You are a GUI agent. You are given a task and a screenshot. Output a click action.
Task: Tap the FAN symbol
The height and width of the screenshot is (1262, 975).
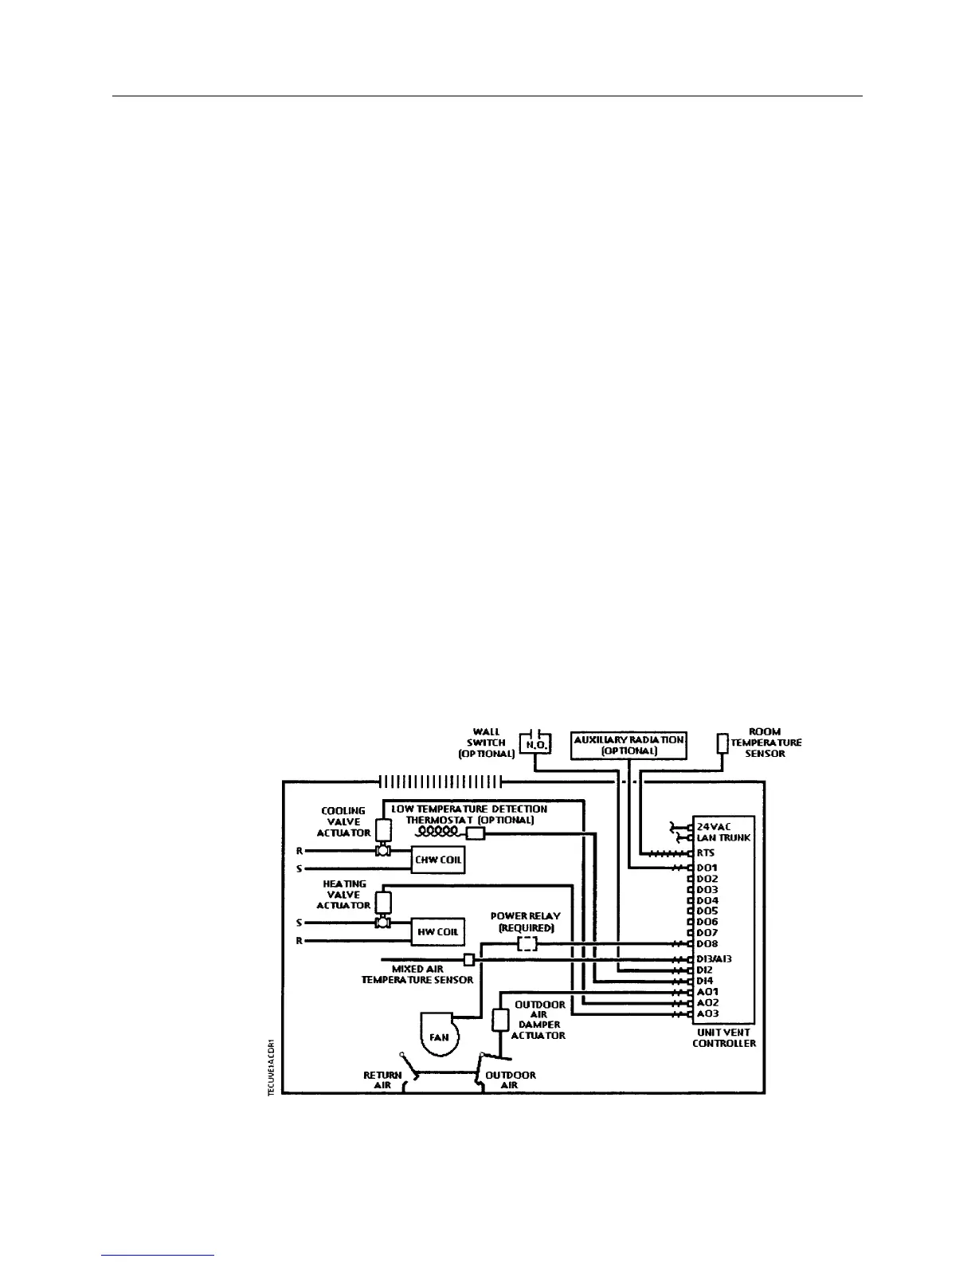click(438, 1037)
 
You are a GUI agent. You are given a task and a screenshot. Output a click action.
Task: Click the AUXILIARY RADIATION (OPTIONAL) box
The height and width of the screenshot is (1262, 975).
click(629, 745)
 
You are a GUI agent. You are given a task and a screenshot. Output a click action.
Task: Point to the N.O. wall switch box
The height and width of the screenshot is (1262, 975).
click(534, 744)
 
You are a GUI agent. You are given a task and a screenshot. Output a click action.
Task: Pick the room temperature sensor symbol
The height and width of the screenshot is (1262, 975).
click(722, 743)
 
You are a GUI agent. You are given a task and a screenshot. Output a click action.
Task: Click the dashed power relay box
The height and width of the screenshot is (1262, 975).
click(527, 944)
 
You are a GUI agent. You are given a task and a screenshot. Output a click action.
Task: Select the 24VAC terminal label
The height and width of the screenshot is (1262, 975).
click(714, 827)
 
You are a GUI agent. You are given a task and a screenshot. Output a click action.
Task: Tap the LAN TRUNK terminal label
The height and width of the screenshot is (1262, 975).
click(723, 838)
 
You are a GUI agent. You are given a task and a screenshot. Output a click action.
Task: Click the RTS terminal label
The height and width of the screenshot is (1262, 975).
click(706, 852)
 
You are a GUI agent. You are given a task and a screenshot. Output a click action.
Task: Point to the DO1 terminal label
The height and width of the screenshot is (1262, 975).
click(707, 868)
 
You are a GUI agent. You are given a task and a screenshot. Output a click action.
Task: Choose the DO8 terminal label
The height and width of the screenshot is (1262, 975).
click(707, 944)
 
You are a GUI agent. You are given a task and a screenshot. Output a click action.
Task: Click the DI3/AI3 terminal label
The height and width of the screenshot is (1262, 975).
click(715, 959)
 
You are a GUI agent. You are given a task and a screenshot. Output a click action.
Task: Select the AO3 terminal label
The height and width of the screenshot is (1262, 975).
click(707, 1013)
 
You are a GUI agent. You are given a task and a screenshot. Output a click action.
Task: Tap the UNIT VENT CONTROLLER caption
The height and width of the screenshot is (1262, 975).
click(723, 1037)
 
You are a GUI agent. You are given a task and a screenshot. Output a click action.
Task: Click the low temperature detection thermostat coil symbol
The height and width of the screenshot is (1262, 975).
click(439, 832)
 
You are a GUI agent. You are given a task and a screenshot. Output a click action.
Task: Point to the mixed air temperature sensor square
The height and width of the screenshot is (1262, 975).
click(469, 959)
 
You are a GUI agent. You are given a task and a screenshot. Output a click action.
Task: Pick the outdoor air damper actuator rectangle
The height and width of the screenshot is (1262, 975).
click(501, 1020)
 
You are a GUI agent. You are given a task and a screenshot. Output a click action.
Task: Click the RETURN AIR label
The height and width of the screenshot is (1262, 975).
click(382, 1080)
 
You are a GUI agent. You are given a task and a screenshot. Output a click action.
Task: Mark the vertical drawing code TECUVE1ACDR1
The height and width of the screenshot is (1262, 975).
click(271, 1068)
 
